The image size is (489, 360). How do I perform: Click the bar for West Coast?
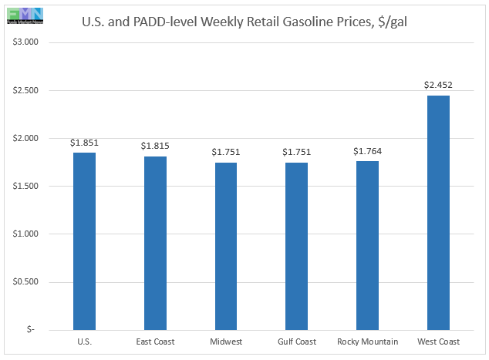coord(438,212)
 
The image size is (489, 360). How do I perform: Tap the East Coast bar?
coord(155,243)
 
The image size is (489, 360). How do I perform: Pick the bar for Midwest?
coord(226,246)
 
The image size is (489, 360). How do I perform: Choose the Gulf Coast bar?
coord(296,246)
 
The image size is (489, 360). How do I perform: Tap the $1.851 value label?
coord(84,143)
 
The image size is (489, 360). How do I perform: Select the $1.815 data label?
coord(155,146)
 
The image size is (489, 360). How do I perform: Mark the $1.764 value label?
coord(367,151)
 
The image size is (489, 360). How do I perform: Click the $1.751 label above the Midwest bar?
coord(226,152)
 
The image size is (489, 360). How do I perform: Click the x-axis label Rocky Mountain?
coord(367,341)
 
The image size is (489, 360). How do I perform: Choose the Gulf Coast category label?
coord(296,341)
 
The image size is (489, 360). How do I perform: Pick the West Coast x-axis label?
coord(438,341)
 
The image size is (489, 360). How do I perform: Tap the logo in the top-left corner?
coord(22,13)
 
